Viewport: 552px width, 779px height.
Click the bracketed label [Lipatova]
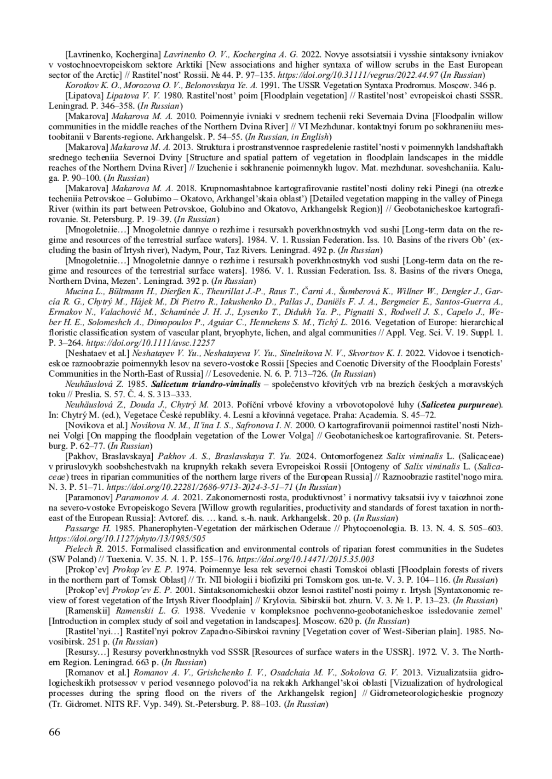tap(85, 96)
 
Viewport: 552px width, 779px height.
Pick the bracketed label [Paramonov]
tap(89, 497)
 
